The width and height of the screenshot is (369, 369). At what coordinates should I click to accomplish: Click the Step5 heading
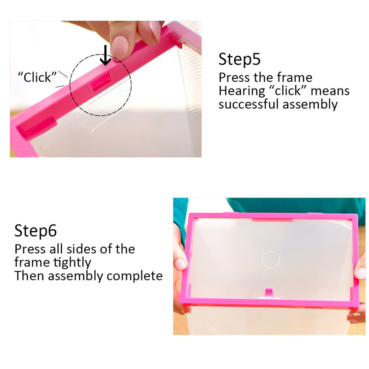(x=239, y=60)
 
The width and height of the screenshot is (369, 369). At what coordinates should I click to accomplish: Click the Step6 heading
(x=36, y=231)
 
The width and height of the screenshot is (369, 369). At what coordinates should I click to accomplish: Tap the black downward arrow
(x=106, y=55)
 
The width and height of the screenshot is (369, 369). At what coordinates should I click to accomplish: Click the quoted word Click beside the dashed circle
(x=37, y=77)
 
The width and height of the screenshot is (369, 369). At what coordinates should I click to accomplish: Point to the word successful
(x=249, y=104)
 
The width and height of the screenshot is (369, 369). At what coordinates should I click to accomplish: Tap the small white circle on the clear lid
(x=271, y=260)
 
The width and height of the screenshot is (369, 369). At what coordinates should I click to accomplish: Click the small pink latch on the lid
(x=268, y=292)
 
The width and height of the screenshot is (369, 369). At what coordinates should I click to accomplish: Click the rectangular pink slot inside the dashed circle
(x=101, y=82)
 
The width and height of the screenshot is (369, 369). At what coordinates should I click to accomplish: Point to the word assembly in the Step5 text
(x=310, y=104)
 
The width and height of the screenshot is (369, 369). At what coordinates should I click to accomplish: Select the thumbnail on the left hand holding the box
(x=180, y=265)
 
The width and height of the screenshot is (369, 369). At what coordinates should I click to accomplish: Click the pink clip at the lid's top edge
(x=272, y=220)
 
